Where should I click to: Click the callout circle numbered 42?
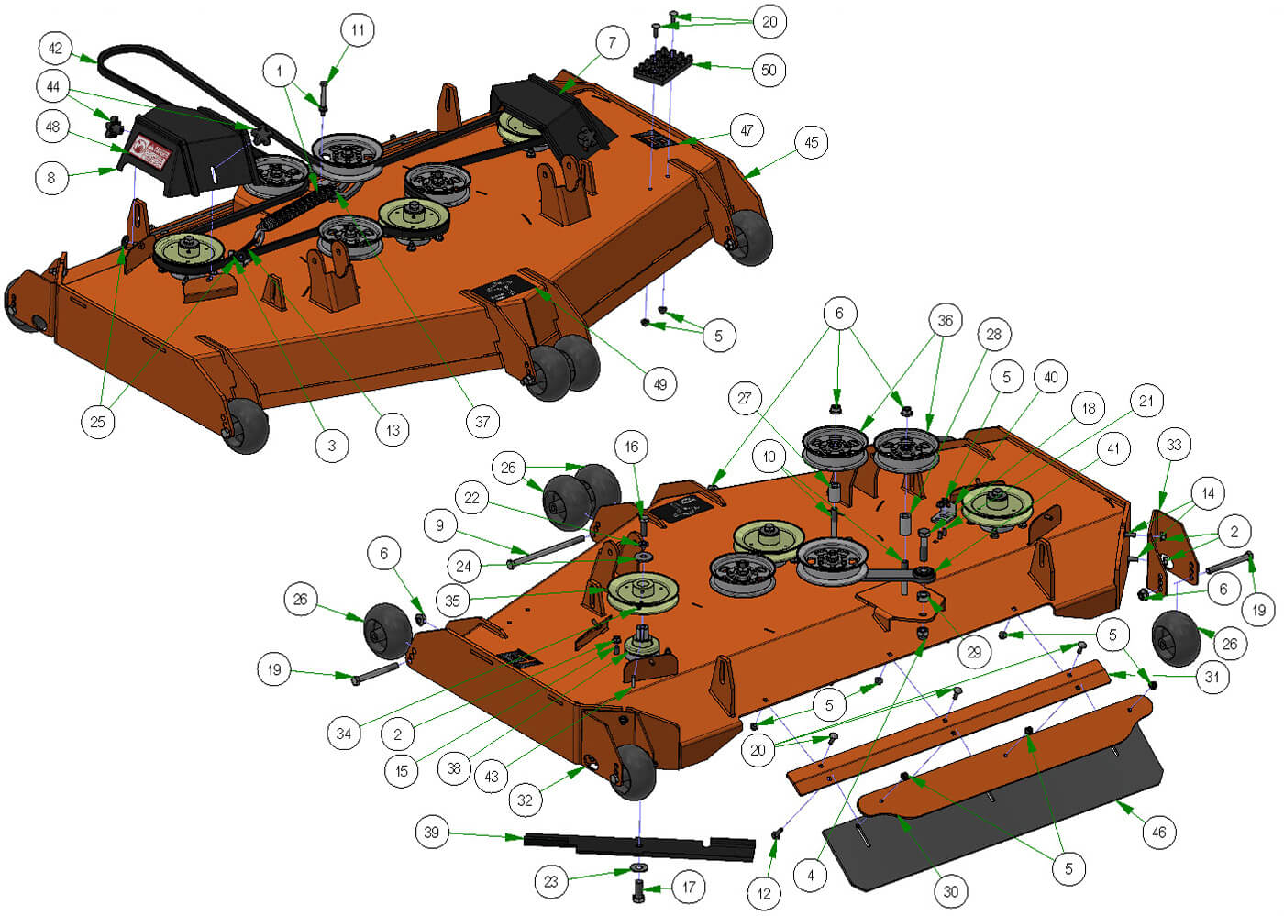click(56, 48)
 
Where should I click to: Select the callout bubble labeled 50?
click(769, 70)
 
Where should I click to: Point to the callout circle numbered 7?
click(612, 42)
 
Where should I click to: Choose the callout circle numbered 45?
click(811, 142)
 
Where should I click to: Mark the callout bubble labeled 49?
click(660, 384)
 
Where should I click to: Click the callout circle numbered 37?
click(482, 422)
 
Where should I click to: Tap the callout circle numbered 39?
click(431, 833)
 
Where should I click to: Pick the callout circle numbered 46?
click(1159, 833)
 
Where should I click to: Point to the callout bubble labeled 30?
click(951, 891)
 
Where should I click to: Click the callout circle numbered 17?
click(689, 887)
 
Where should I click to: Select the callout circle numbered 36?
click(945, 320)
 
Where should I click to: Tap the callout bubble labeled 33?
click(1174, 445)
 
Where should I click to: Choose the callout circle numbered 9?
click(440, 525)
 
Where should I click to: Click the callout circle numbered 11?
click(358, 29)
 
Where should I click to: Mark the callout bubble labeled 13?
click(393, 429)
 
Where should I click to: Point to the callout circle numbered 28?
click(994, 334)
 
